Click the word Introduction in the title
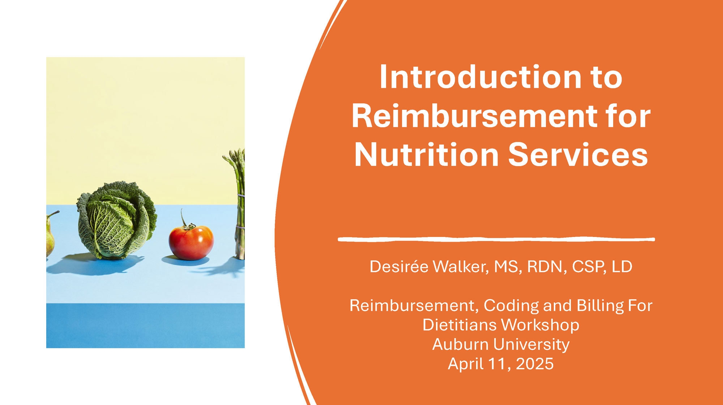[480, 77]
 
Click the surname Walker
[460, 267]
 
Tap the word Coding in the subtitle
[511, 306]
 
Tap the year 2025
[535, 364]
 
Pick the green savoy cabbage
[116, 220]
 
